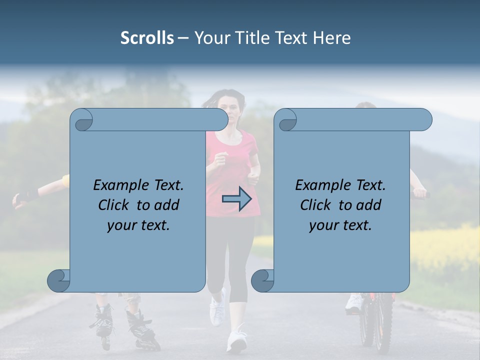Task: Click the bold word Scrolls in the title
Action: tap(147, 38)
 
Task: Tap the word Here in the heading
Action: tap(332, 38)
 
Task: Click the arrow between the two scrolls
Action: tap(236, 198)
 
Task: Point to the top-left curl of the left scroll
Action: tap(81, 120)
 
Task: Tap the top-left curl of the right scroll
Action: tap(285, 120)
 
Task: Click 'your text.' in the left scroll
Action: tap(138, 225)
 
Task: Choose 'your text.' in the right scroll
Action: tap(340, 225)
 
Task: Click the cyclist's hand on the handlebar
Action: tap(419, 193)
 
